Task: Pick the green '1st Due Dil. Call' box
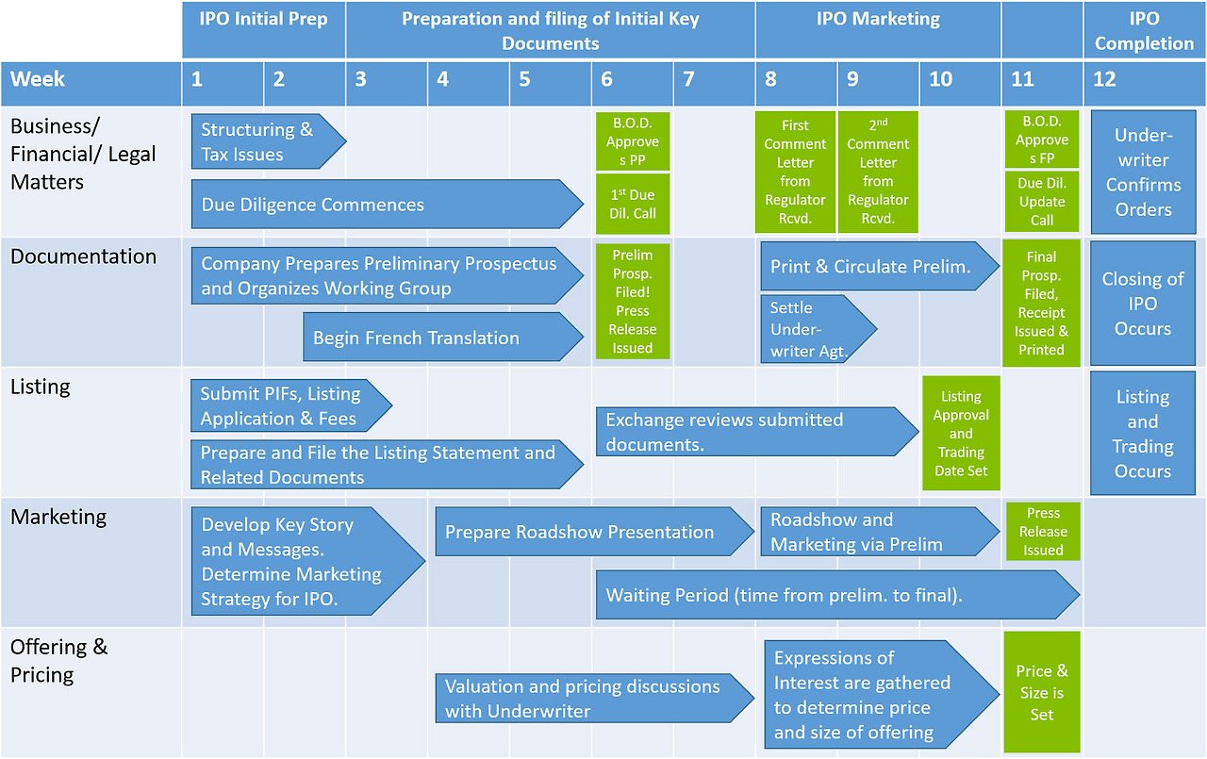[633, 204]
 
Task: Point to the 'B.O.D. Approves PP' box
[633, 141]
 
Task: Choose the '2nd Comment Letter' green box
[878, 173]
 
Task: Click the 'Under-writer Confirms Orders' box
[1143, 173]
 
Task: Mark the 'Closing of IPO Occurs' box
[1143, 304]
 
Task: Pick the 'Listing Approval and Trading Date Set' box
[961, 434]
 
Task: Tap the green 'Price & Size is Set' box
[1042, 693]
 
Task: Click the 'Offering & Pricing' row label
[59, 660]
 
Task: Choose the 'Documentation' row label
[83, 256]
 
